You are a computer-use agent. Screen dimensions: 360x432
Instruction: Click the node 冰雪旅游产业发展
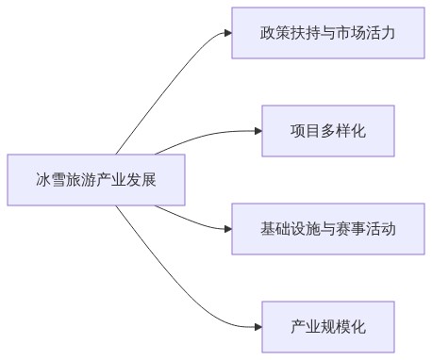(x=96, y=179)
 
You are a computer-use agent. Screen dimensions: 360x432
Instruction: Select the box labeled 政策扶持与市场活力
(x=327, y=33)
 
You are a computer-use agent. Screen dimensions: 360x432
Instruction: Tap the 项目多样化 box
(x=327, y=130)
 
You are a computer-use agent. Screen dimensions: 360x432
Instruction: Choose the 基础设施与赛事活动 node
(x=327, y=228)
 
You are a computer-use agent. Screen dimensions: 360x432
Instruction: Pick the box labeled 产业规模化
(x=327, y=326)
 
